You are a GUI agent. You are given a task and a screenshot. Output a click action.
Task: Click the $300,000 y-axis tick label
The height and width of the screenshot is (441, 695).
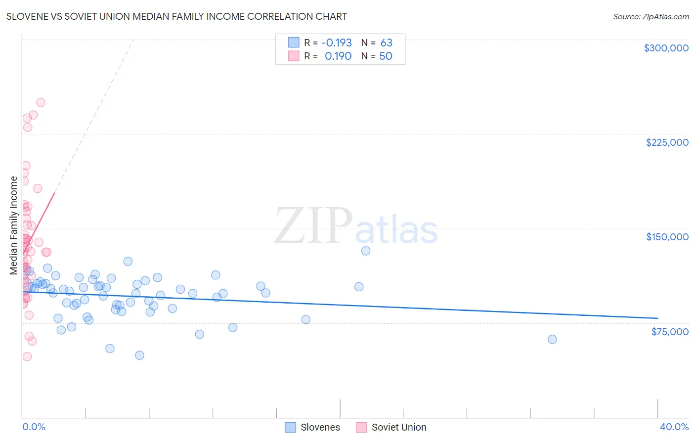pos(666,48)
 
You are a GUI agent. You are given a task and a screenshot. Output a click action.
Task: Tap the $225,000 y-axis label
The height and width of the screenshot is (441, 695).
pos(667,142)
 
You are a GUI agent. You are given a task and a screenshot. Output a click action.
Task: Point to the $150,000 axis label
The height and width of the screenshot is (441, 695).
pos(667,237)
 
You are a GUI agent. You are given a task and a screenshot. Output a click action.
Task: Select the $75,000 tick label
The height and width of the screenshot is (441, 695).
pos(669,332)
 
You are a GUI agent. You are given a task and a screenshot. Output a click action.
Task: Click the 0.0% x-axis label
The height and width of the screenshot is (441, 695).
pos(34,427)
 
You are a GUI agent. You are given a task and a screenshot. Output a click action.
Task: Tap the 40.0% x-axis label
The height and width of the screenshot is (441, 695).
pos(674,427)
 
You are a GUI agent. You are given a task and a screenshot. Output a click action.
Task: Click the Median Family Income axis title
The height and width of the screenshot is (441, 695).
pos(14,225)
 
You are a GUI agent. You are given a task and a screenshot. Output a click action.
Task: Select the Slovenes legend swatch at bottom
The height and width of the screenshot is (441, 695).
pos(291,428)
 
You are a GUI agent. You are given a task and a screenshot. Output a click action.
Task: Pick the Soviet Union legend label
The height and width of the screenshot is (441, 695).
pos(398,428)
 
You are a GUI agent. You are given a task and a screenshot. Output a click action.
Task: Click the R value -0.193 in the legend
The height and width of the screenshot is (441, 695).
pos(336,43)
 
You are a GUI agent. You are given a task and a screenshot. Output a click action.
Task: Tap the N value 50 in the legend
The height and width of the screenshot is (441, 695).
pos(386,56)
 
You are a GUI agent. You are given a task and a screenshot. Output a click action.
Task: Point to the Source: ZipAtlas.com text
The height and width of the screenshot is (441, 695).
pos(651,17)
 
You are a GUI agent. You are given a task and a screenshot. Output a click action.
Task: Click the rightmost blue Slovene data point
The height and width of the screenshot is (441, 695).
pos(552,339)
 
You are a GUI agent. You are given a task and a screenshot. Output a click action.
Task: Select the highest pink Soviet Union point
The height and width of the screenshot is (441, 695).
pos(41,103)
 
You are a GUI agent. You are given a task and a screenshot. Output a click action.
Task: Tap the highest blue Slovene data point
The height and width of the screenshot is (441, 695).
pos(366,251)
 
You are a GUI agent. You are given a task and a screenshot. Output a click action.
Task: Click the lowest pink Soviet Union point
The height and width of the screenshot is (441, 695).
pos(27,356)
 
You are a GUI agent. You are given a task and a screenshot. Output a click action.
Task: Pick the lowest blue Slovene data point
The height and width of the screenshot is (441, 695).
pos(139,355)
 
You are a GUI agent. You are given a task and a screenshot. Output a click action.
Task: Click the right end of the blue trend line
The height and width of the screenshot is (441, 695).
pos(657,318)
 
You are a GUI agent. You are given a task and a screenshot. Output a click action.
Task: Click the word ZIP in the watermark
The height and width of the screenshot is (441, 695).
pos(313,226)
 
